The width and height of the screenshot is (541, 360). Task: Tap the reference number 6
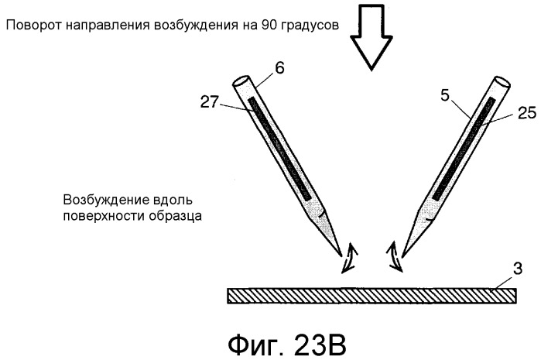279,68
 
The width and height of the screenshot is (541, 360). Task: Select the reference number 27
210,102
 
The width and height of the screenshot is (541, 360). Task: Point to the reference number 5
445,95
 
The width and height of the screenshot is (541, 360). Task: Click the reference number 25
526,113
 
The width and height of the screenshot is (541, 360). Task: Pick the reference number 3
517,269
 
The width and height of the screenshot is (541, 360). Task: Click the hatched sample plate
372,296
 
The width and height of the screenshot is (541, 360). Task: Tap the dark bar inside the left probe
280,149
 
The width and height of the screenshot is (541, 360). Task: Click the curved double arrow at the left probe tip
349,258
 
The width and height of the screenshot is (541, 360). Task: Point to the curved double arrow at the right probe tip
395,257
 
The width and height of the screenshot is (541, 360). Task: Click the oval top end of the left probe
241,82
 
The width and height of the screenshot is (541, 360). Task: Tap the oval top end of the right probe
502,82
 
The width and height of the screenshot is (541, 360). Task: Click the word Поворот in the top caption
34,26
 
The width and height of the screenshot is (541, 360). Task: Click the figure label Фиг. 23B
287,345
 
